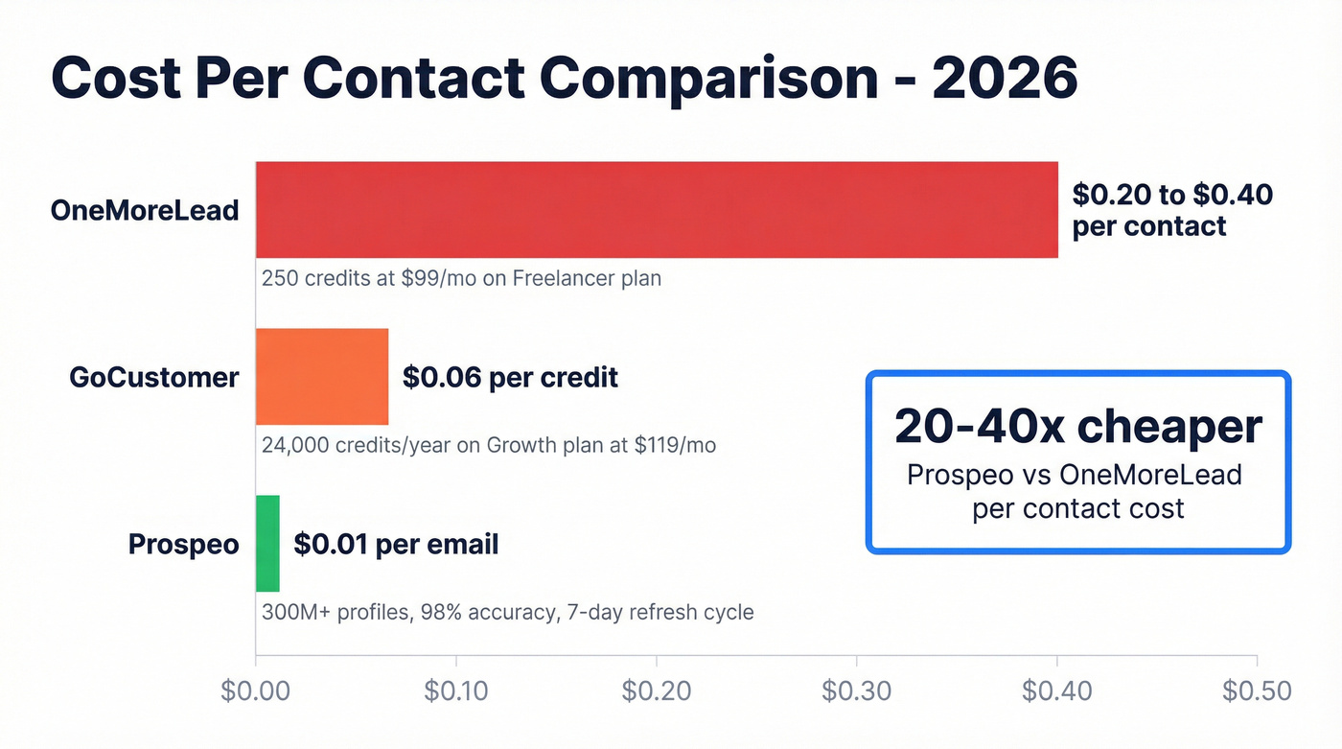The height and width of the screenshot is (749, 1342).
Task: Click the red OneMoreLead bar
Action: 657,210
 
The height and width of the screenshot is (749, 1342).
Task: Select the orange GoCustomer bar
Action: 322,376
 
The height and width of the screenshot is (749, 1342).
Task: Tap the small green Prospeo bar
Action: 267,544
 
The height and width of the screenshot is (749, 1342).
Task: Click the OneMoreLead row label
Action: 145,210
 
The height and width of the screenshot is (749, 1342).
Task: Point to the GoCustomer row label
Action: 153,377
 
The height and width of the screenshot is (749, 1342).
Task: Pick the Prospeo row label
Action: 183,545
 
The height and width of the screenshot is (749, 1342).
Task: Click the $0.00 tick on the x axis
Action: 255,690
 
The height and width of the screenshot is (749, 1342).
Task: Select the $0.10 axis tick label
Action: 456,690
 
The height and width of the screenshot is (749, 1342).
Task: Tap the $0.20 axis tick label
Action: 657,690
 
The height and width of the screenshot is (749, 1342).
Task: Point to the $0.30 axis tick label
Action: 857,690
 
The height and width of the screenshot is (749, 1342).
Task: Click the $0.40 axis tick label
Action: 1057,690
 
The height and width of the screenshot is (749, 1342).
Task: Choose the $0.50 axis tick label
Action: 1257,690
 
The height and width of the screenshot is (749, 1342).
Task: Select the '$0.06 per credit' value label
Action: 510,377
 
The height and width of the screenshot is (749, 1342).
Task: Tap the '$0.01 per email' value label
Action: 396,545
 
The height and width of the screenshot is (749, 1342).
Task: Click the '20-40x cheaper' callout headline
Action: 1078,426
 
